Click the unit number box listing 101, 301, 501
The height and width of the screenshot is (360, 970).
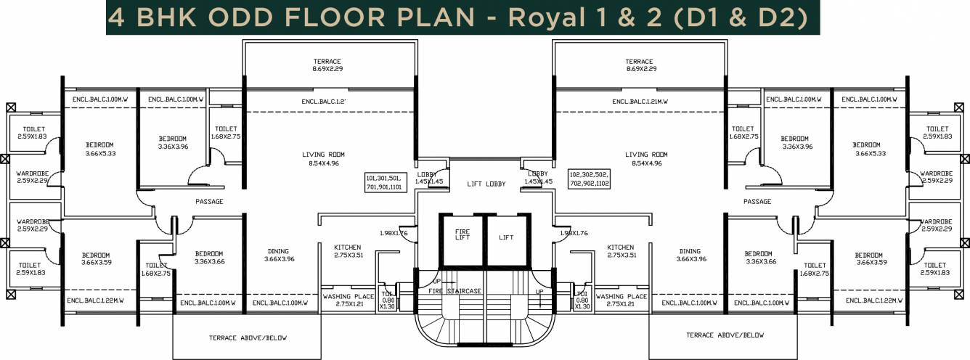[x=388, y=181]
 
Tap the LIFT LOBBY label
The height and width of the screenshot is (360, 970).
[x=484, y=184]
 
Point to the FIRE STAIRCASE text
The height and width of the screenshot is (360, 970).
[x=455, y=291]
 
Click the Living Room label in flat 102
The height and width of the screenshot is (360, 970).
[x=646, y=159]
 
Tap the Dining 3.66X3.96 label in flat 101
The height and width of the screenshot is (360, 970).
[x=280, y=255]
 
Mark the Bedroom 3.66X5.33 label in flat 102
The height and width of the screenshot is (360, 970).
[x=867, y=149]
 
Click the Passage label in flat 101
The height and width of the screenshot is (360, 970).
[x=208, y=201]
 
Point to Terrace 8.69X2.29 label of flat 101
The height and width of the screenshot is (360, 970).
[x=327, y=65]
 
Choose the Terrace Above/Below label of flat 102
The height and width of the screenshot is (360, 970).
[x=725, y=335]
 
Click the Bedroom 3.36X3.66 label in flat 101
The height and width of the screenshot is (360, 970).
[x=210, y=258]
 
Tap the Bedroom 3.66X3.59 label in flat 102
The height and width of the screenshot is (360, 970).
[x=868, y=259]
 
